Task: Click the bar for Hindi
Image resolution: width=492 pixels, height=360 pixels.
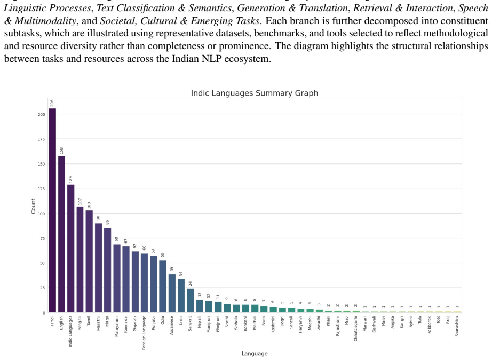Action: tap(52, 210)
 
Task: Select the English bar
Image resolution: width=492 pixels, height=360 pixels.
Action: tap(62, 234)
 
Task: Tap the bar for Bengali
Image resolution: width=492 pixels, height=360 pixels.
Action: tap(80, 260)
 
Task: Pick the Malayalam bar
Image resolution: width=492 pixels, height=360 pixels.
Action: tap(117, 278)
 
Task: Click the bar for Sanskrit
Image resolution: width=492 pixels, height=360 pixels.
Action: tap(191, 301)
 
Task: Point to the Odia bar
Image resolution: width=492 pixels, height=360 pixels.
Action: tap(163, 286)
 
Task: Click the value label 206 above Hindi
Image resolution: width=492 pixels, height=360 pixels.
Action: tap(52, 103)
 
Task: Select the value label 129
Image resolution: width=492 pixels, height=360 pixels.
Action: tap(70, 179)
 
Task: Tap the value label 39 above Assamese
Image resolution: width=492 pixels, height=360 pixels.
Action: tap(172, 269)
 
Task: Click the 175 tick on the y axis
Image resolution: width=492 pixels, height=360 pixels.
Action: tap(42, 139)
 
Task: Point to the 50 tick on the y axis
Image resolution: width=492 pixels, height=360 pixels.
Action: tap(43, 263)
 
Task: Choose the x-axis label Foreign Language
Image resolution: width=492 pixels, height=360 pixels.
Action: tap(144, 333)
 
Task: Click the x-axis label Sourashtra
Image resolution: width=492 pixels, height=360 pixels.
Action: tap(457, 326)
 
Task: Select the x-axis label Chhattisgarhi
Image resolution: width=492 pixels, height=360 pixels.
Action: tap(356, 328)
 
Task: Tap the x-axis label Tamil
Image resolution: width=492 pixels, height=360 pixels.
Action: tap(89, 320)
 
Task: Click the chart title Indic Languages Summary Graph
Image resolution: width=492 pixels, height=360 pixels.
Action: tap(255, 93)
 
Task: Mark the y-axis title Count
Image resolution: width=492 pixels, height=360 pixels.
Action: tap(33, 206)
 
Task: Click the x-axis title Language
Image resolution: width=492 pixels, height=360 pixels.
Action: tap(255, 354)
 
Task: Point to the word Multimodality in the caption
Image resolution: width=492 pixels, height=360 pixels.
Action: tap(45, 21)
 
